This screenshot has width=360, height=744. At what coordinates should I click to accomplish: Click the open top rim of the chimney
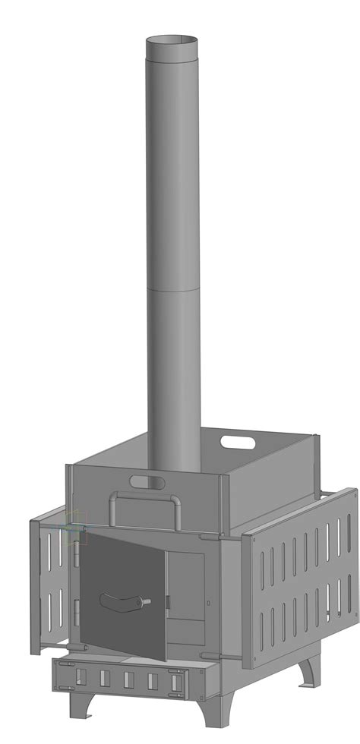(173, 39)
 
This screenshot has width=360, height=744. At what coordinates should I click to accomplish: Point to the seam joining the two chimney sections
(173, 289)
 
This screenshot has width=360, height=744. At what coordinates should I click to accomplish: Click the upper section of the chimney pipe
(173, 167)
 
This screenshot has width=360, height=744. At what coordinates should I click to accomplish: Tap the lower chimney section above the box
(173, 380)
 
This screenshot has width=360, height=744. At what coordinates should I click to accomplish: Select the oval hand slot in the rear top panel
(238, 440)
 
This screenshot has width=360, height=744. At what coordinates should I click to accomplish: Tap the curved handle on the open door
(122, 603)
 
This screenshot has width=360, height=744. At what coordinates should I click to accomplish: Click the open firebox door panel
(125, 585)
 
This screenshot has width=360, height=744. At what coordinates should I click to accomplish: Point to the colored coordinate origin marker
(74, 526)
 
